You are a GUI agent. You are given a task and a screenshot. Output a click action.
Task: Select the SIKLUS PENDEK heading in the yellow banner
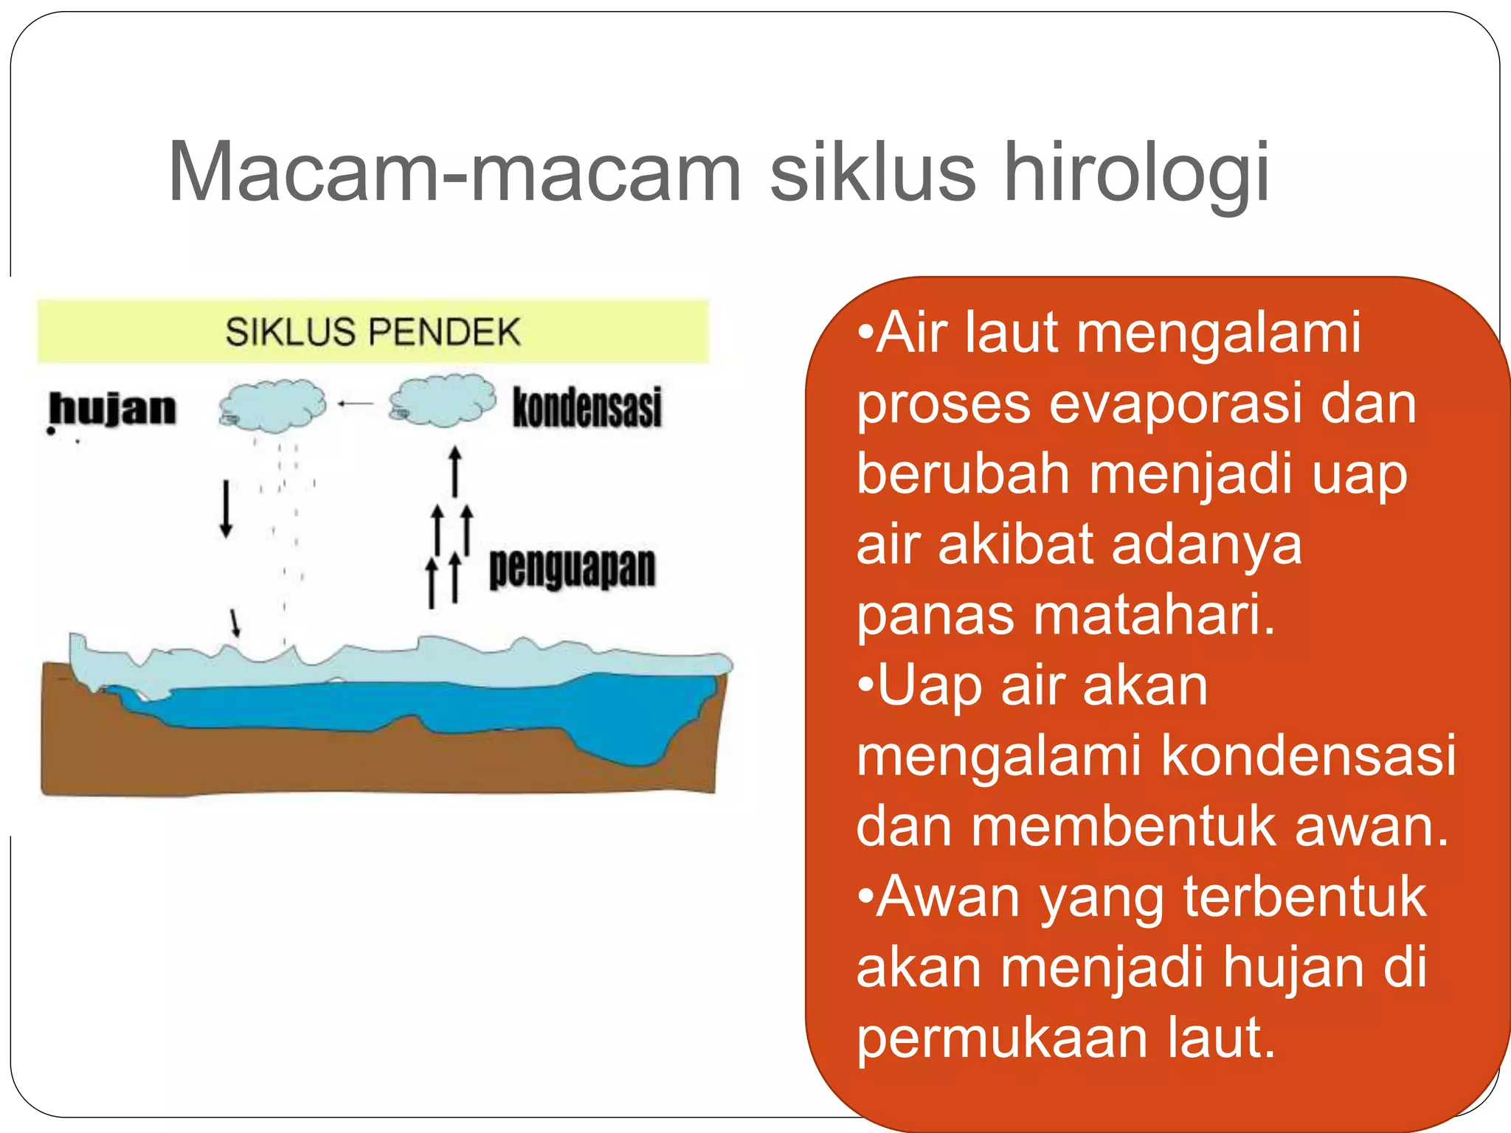[373, 332]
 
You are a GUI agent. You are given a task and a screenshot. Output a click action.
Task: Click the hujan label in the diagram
[113, 409]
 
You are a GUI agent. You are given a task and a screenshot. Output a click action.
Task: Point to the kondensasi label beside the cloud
[587, 407]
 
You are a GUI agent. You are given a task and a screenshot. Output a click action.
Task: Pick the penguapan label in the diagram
[572, 568]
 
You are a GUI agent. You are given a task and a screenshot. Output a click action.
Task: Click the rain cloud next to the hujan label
[272, 404]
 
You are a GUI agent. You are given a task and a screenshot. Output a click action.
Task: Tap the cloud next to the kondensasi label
[443, 401]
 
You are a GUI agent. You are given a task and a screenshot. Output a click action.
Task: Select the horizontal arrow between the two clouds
[356, 403]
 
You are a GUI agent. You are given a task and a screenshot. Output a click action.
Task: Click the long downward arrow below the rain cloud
[226, 509]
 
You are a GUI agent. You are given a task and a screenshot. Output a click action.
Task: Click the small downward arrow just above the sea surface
[235, 622]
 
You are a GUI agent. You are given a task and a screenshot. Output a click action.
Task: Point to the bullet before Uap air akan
[865, 686]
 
